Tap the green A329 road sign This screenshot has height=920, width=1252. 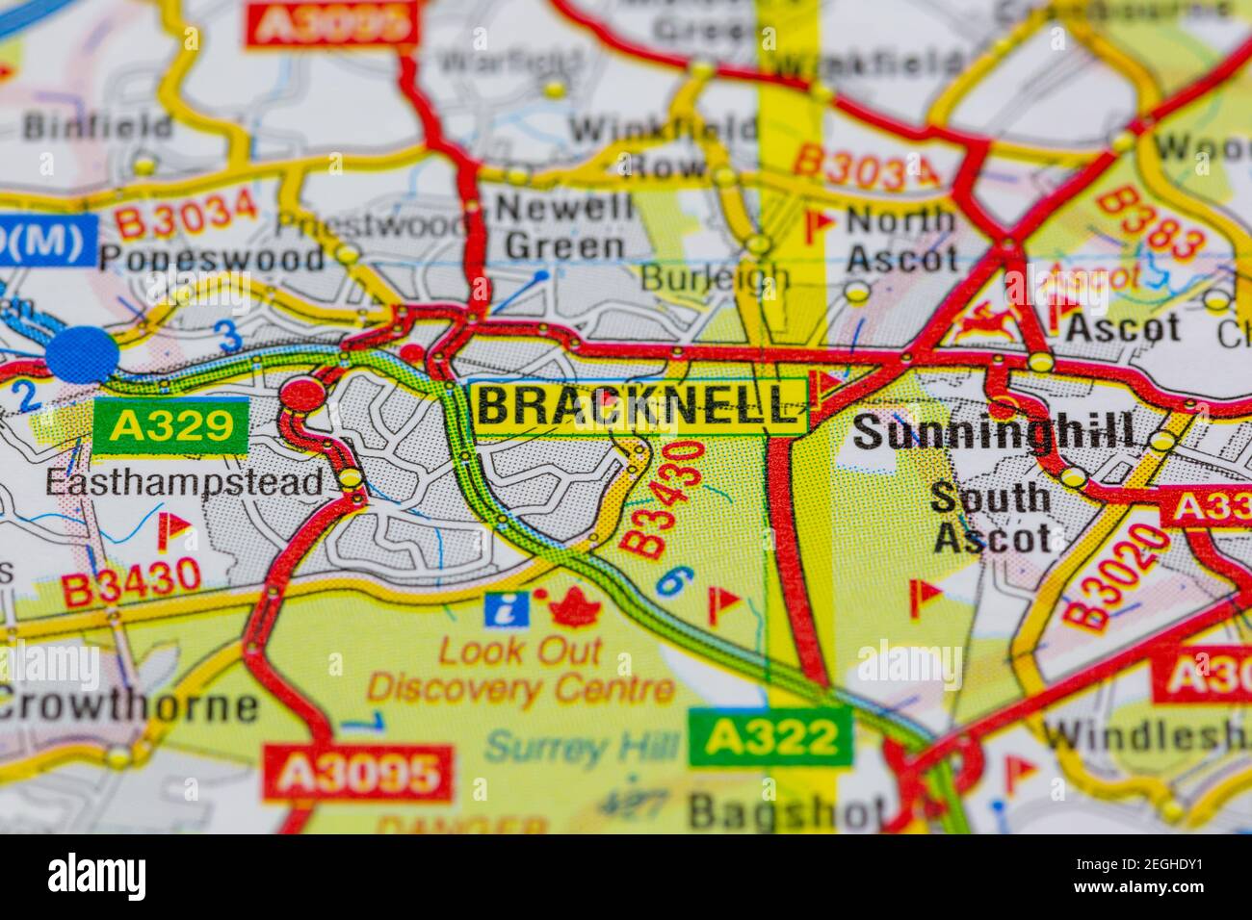click(x=171, y=424)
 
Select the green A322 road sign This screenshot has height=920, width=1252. click(x=770, y=737)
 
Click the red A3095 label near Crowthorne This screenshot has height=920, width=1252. click(x=358, y=773)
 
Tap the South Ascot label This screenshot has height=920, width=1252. click(x=992, y=518)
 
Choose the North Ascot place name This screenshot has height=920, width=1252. click(x=901, y=240)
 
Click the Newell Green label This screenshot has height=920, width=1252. click(x=564, y=227)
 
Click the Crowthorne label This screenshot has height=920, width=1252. click(x=127, y=706)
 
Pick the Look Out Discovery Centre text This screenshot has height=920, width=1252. click(x=521, y=671)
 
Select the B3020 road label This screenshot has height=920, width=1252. click(x=1117, y=575)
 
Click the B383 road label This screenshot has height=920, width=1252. click(x=1152, y=223)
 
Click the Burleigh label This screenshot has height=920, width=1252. click(x=715, y=280)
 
